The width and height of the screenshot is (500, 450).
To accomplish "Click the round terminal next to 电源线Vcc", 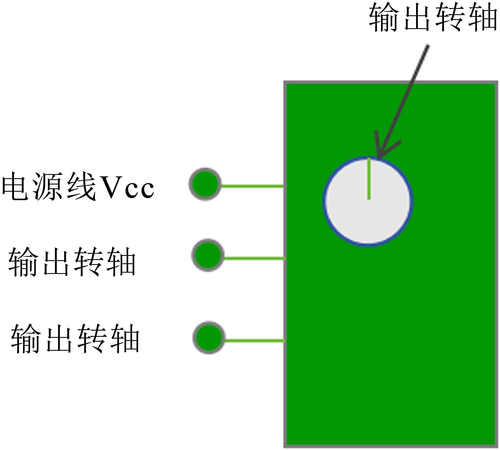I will (x=205, y=184).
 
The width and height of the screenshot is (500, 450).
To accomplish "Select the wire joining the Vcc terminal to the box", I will (x=252, y=186).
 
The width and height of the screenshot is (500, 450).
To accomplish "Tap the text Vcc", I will (x=128, y=187).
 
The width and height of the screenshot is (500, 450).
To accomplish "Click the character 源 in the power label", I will (x=47, y=186).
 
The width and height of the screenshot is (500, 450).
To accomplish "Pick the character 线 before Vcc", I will (x=81, y=186).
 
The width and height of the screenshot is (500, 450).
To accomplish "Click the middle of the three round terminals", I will (x=208, y=255).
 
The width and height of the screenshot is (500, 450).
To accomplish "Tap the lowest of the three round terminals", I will (x=209, y=337).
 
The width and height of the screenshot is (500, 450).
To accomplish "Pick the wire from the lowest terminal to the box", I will (x=255, y=341).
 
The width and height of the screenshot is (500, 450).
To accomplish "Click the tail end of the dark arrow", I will (x=428, y=47).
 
